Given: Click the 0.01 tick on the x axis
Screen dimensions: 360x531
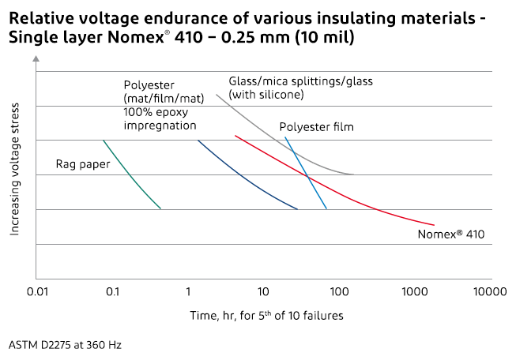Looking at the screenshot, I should point(36,291).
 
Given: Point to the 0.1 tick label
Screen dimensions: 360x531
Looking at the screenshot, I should point(112,291).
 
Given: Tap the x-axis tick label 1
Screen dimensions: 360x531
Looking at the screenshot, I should point(188,291).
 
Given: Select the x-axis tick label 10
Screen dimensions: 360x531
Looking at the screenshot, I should point(263,291).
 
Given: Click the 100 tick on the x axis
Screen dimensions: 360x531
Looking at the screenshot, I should point(339,291).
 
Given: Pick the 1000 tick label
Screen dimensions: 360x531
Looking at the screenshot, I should point(415,291).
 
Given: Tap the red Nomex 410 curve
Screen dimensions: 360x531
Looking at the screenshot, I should point(332,189).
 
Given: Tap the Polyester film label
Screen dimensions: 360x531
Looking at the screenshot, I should point(316,126).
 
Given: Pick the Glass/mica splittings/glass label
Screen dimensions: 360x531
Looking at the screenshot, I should point(300,81).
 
